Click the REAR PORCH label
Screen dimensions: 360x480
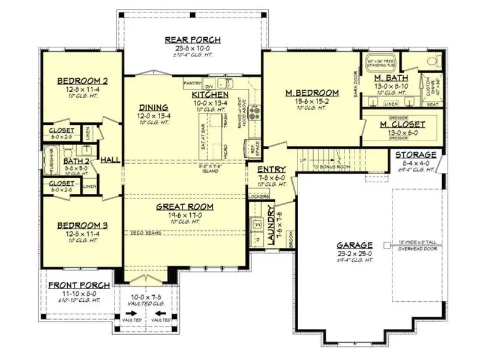pos(193,40)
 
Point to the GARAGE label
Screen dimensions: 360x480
pos(354,245)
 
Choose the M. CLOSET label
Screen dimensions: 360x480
pos(403,124)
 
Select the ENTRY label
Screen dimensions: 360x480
pos(271,170)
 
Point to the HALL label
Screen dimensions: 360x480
pos(110,160)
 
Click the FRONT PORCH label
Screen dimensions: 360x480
pos(79,285)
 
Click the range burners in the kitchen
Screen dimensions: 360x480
pos(255,112)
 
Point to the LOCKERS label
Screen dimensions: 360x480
pos(258,196)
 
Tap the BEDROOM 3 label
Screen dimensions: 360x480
pos(83,226)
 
